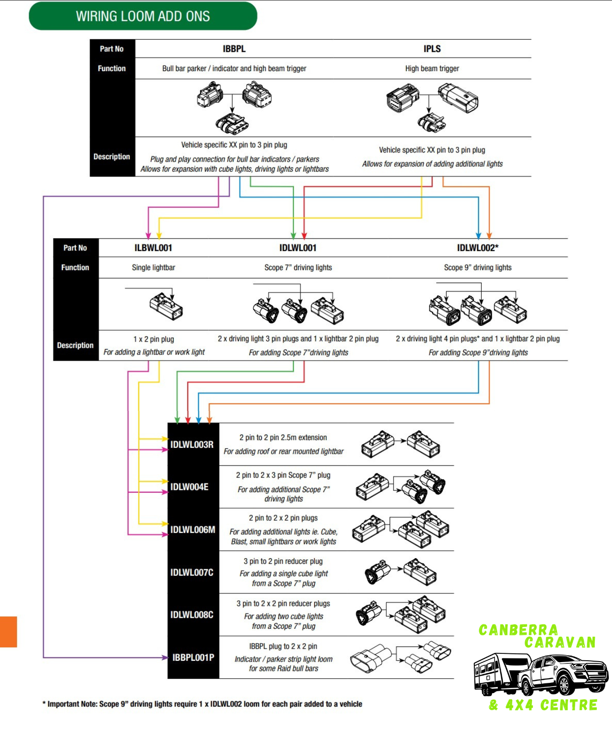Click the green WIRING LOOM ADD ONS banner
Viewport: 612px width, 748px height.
coord(143,16)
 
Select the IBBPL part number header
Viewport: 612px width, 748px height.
coord(234,49)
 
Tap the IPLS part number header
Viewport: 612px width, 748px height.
coord(432,49)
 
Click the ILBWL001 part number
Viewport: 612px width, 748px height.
coord(153,248)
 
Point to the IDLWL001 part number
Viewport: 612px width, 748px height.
coord(298,248)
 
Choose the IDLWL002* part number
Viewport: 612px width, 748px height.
coord(478,248)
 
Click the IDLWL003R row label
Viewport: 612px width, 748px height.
coord(192,445)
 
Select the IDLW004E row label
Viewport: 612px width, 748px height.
coord(190,487)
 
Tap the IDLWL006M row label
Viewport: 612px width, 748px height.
coord(193,530)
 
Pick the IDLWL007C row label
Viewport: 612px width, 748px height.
coord(192,573)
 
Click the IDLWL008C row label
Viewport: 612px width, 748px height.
coord(192,615)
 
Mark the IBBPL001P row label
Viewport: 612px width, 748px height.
coord(193,658)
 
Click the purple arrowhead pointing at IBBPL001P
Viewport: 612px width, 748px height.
coord(165,658)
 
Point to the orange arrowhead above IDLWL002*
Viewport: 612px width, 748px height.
coord(489,235)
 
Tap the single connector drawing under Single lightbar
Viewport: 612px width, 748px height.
coord(166,306)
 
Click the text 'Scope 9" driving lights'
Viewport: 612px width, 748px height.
coord(478,268)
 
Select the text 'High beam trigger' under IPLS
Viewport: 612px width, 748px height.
coord(432,69)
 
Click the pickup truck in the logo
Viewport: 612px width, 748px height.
coord(562,674)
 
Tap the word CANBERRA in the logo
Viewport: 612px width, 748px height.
coord(518,630)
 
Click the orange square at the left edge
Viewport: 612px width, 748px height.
coord(8,632)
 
